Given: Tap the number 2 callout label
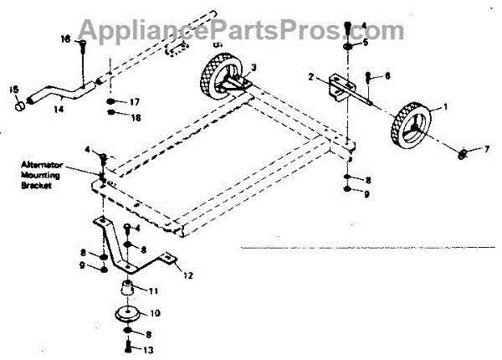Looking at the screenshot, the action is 310,77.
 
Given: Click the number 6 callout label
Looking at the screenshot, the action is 387,76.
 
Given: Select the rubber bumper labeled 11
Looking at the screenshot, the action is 128,290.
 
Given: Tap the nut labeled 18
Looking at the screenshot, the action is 112,117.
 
